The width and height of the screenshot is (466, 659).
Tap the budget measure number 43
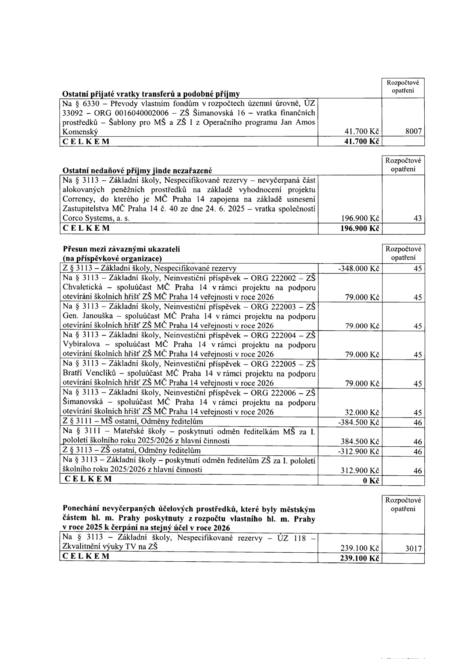point(418,218)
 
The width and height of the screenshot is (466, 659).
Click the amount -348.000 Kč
point(359,269)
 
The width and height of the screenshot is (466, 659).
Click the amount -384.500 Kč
point(359,422)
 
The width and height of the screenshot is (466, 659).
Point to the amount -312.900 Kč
point(359,452)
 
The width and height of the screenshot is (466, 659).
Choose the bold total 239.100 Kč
point(359,558)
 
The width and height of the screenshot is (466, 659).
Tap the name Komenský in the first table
point(80,132)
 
